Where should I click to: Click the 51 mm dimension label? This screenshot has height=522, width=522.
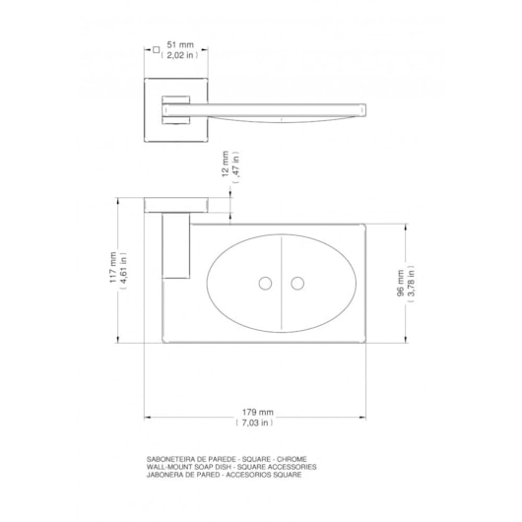(179, 45)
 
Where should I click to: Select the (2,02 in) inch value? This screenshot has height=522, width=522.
(179, 57)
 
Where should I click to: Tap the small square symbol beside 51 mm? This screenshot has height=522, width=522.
(155, 46)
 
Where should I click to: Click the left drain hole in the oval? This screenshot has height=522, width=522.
(265, 284)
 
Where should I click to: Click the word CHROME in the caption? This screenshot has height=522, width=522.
(293, 460)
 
